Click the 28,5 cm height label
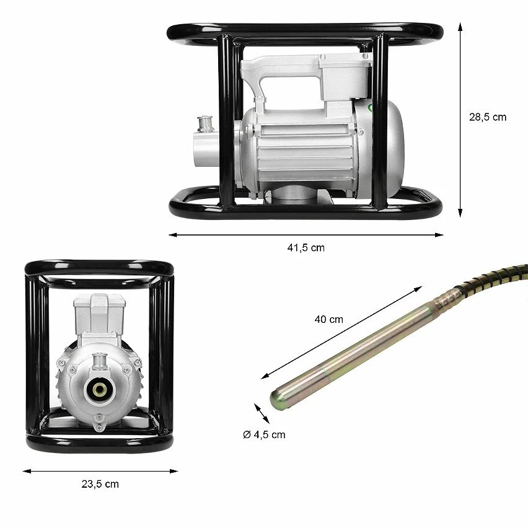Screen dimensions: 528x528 487,117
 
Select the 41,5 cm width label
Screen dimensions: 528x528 306,247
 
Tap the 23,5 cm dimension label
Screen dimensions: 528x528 100,484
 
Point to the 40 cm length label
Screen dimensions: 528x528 328,320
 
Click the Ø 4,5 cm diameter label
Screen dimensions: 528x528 265,434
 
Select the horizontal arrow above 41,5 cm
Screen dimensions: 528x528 306,235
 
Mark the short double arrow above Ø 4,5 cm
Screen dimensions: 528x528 262,413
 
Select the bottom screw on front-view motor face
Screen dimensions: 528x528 99,427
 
